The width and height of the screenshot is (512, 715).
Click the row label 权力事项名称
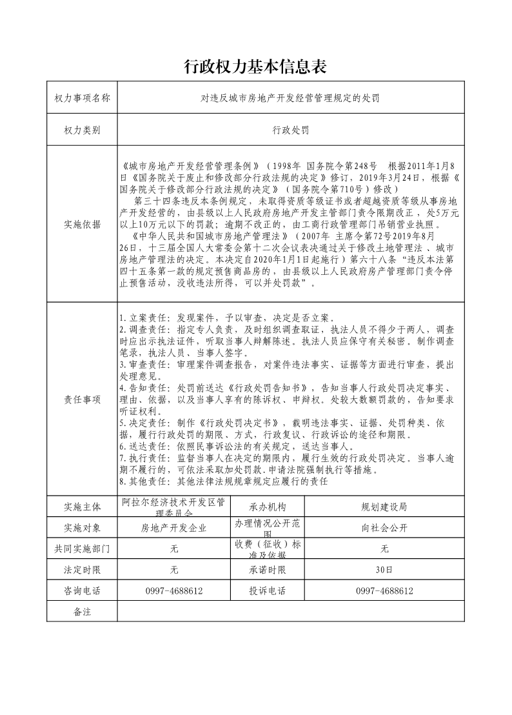tap(83, 98)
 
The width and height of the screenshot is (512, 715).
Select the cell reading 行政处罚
tap(291, 130)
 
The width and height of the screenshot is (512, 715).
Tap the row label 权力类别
tap(83, 130)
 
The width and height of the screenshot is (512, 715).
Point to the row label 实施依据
tap(83, 225)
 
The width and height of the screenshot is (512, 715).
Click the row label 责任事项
tap(83, 399)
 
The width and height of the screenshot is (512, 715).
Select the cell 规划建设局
tap(384, 507)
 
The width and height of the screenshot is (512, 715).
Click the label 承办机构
tap(267, 507)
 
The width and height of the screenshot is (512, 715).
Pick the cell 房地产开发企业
tap(173, 527)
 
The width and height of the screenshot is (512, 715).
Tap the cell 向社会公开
tap(384, 527)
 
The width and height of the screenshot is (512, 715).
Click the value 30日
tap(384, 570)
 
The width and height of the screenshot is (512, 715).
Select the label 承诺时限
tap(267, 570)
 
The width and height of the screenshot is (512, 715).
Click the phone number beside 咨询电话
tap(173, 590)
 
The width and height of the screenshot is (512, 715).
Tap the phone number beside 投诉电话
tap(384, 590)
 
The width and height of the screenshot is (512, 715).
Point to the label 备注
tap(83, 611)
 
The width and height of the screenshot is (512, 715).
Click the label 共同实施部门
tap(83, 549)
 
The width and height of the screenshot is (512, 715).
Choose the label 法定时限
tap(83, 570)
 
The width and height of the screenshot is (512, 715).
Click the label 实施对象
tap(83, 527)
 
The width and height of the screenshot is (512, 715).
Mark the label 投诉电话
tap(267, 590)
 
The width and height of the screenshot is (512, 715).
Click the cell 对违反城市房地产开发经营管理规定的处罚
tap(291, 98)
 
